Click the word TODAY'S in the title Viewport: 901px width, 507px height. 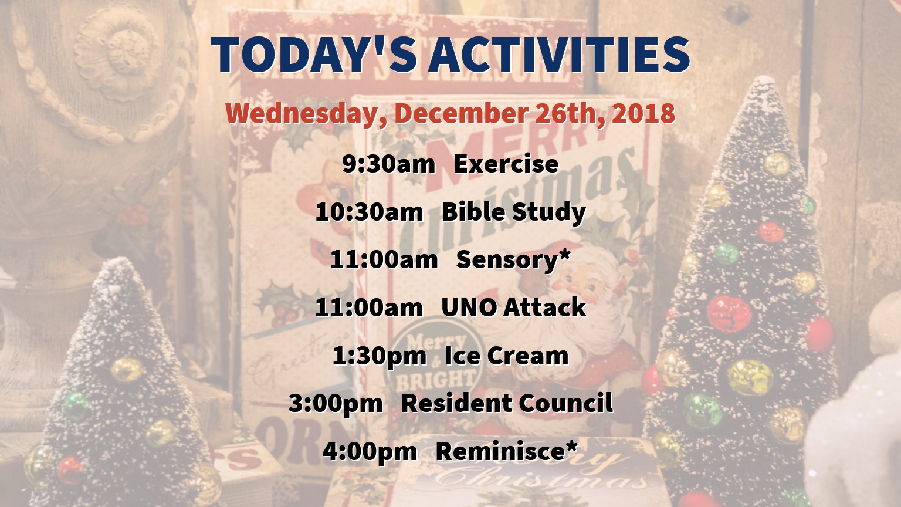(314, 55)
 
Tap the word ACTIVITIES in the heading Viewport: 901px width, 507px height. (559, 55)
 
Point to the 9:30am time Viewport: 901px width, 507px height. (388, 164)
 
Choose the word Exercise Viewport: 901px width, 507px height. (506, 164)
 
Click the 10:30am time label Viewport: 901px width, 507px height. (369, 212)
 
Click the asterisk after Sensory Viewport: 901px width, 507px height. (564, 255)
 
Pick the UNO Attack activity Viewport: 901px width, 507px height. (514, 307)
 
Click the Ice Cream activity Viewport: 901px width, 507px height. (507, 356)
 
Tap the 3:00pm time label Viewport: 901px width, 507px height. (336, 404)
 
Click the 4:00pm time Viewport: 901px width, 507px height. (370, 452)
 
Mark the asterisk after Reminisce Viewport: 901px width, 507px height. (570, 446)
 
